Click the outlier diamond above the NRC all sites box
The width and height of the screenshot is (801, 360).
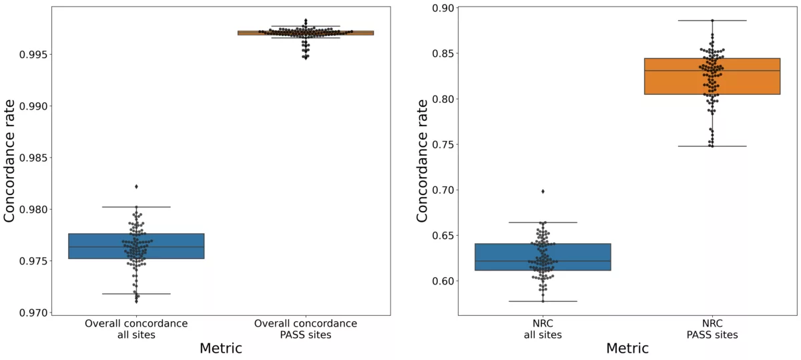(x=543, y=191)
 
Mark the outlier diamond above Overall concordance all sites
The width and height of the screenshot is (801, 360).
(x=136, y=186)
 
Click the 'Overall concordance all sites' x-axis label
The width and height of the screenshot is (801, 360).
(x=136, y=329)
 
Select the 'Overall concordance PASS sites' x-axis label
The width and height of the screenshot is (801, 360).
(x=306, y=329)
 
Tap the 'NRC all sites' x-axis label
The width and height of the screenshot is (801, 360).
(x=543, y=329)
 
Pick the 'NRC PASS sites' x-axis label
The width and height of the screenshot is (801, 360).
(x=712, y=329)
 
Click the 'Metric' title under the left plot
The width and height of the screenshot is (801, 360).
(x=220, y=348)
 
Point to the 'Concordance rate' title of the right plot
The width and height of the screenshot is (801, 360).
(x=423, y=160)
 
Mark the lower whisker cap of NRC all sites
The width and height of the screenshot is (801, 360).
(x=543, y=301)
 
